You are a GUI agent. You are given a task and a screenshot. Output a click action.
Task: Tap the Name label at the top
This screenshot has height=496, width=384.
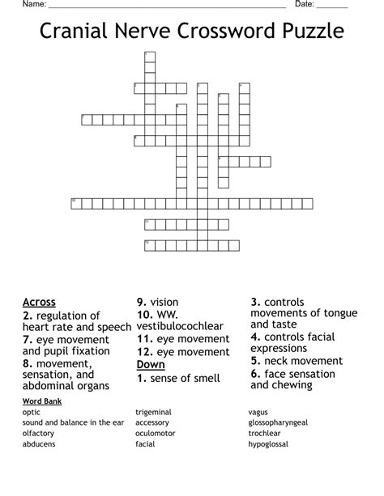click(x=33, y=4)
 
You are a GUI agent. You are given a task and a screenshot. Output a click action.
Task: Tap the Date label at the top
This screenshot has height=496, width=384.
click(x=305, y=4)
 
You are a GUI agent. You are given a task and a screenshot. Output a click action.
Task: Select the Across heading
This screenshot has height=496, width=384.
click(x=39, y=303)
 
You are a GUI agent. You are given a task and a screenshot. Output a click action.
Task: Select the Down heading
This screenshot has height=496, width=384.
click(x=151, y=365)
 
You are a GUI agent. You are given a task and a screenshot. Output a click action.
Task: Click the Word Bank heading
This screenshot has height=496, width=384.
click(x=42, y=401)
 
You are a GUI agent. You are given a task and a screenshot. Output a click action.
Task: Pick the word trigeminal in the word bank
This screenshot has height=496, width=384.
click(x=153, y=413)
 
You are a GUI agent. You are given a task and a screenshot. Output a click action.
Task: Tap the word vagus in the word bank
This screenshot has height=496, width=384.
click(x=258, y=413)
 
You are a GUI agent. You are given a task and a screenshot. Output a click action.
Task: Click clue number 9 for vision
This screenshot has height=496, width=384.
click(x=140, y=303)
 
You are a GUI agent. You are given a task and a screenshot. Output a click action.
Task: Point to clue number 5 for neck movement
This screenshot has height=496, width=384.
click(x=254, y=361)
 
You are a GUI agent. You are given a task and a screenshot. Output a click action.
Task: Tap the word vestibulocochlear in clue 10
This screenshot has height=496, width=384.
click(x=180, y=326)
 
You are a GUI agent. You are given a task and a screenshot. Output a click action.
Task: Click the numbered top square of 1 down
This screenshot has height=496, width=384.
click(x=148, y=55)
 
